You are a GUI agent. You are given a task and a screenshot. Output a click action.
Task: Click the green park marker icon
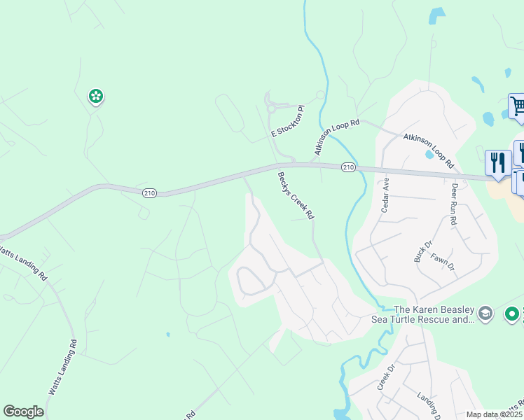pos(96,96)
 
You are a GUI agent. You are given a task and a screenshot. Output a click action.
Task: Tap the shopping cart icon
pos(517,106)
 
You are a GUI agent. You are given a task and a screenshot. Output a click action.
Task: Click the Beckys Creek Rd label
pos(296,196)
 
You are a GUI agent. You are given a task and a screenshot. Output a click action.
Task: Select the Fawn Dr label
pos(443,262)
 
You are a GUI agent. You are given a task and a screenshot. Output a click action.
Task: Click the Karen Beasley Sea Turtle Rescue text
pos(434,314)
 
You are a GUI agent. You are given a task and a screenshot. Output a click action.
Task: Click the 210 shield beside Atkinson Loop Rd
pos(348,168)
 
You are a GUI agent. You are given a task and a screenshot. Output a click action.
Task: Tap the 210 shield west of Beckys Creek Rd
pos(149,193)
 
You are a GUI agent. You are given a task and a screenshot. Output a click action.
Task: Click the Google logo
pos(23,412)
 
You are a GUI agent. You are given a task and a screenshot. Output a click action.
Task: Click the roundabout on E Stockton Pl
pos(270,108)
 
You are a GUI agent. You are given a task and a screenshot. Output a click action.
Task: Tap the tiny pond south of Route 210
pos(168,335)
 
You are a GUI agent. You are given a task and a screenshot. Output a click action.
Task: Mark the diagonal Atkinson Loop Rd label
pos(336,136)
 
